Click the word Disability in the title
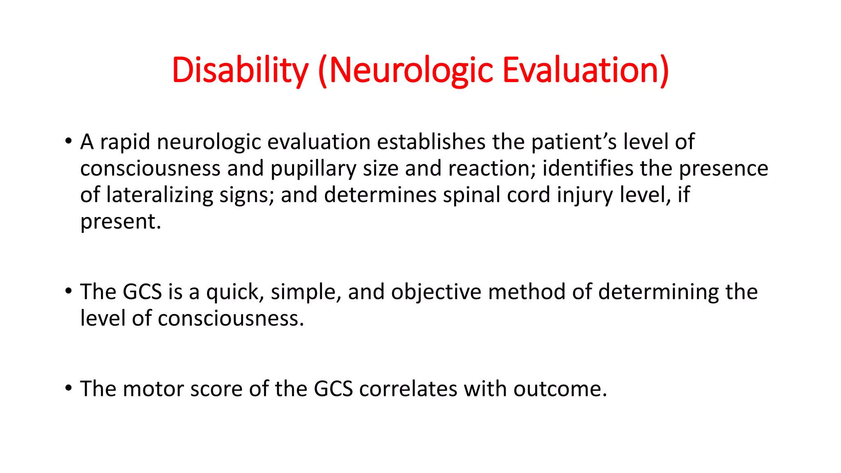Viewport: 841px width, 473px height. (x=240, y=70)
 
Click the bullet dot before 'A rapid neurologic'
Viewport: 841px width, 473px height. (x=69, y=142)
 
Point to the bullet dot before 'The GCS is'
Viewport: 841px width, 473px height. (x=69, y=292)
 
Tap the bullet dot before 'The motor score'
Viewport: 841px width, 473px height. (x=69, y=388)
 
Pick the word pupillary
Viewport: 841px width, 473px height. (x=313, y=169)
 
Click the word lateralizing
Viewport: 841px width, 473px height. (x=159, y=195)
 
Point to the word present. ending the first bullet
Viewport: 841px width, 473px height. (x=120, y=222)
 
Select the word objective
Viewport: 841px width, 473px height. (x=436, y=292)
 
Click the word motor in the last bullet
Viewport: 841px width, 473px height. (x=153, y=389)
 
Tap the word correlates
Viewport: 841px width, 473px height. (x=408, y=389)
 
